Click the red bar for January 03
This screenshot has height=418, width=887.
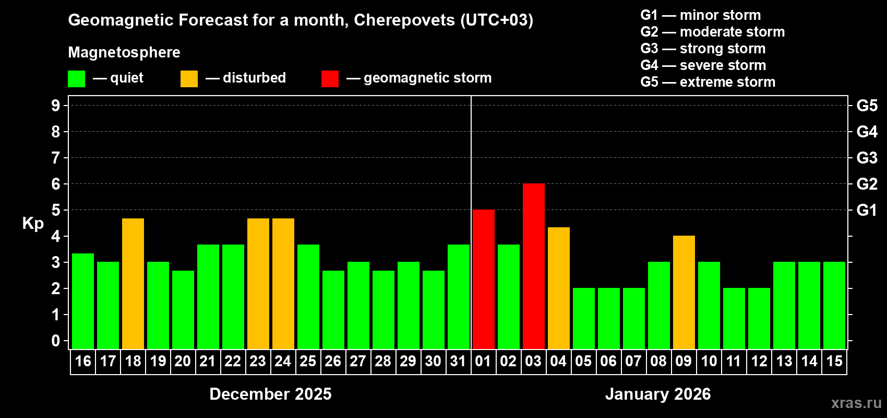pyautogui.click(x=533, y=266)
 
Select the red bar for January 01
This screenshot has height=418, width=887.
pyautogui.click(x=483, y=279)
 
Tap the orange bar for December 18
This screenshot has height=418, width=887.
pyautogui.click(x=133, y=283)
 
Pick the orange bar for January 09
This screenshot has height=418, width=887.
pyautogui.click(x=684, y=292)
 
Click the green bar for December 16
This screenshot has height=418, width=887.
pyautogui.click(x=83, y=301)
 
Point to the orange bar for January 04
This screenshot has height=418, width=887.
pyautogui.click(x=558, y=288)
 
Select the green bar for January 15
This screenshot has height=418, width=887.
pyautogui.click(x=834, y=305)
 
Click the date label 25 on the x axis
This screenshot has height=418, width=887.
pyautogui.click(x=308, y=361)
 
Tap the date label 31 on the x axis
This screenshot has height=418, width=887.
pyautogui.click(x=458, y=361)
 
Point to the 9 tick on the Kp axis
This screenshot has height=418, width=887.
pyautogui.click(x=56, y=106)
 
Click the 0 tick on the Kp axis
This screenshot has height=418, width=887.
pyautogui.click(x=56, y=341)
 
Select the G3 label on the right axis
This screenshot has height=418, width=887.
pyautogui.click(x=867, y=158)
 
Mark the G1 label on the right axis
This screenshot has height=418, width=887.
pyautogui.click(x=867, y=210)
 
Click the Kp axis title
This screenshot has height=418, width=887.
pyautogui.click(x=33, y=223)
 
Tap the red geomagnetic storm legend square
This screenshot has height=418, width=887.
pyautogui.click(x=330, y=79)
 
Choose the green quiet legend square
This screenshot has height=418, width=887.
pyautogui.click(x=76, y=79)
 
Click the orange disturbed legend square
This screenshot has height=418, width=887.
pyautogui.click(x=189, y=79)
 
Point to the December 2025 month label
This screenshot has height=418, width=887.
pyautogui.click(x=270, y=394)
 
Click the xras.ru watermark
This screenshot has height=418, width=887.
pyautogui.click(x=856, y=403)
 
